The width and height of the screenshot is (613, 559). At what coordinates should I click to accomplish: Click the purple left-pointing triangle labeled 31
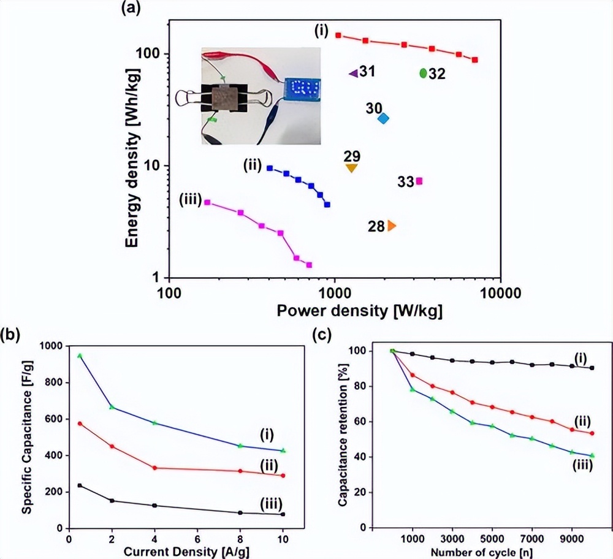[x=353, y=73]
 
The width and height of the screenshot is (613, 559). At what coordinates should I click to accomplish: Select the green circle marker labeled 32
[x=423, y=73]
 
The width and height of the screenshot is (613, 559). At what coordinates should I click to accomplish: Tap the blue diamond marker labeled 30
[x=383, y=118]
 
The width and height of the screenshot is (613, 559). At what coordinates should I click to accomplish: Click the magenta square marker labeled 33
[x=419, y=181]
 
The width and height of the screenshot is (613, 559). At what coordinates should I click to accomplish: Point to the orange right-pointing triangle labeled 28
[x=391, y=226]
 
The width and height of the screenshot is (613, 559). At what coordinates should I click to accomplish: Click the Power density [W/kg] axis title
[x=360, y=311]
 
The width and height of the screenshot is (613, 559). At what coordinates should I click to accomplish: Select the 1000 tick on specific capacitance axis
[x=51, y=346]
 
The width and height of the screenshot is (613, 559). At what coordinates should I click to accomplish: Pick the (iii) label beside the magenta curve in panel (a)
[x=190, y=199]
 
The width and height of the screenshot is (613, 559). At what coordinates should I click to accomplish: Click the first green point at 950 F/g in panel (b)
[x=80, y=356]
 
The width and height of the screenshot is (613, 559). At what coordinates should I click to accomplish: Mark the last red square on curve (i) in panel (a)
[x=475, y=60]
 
